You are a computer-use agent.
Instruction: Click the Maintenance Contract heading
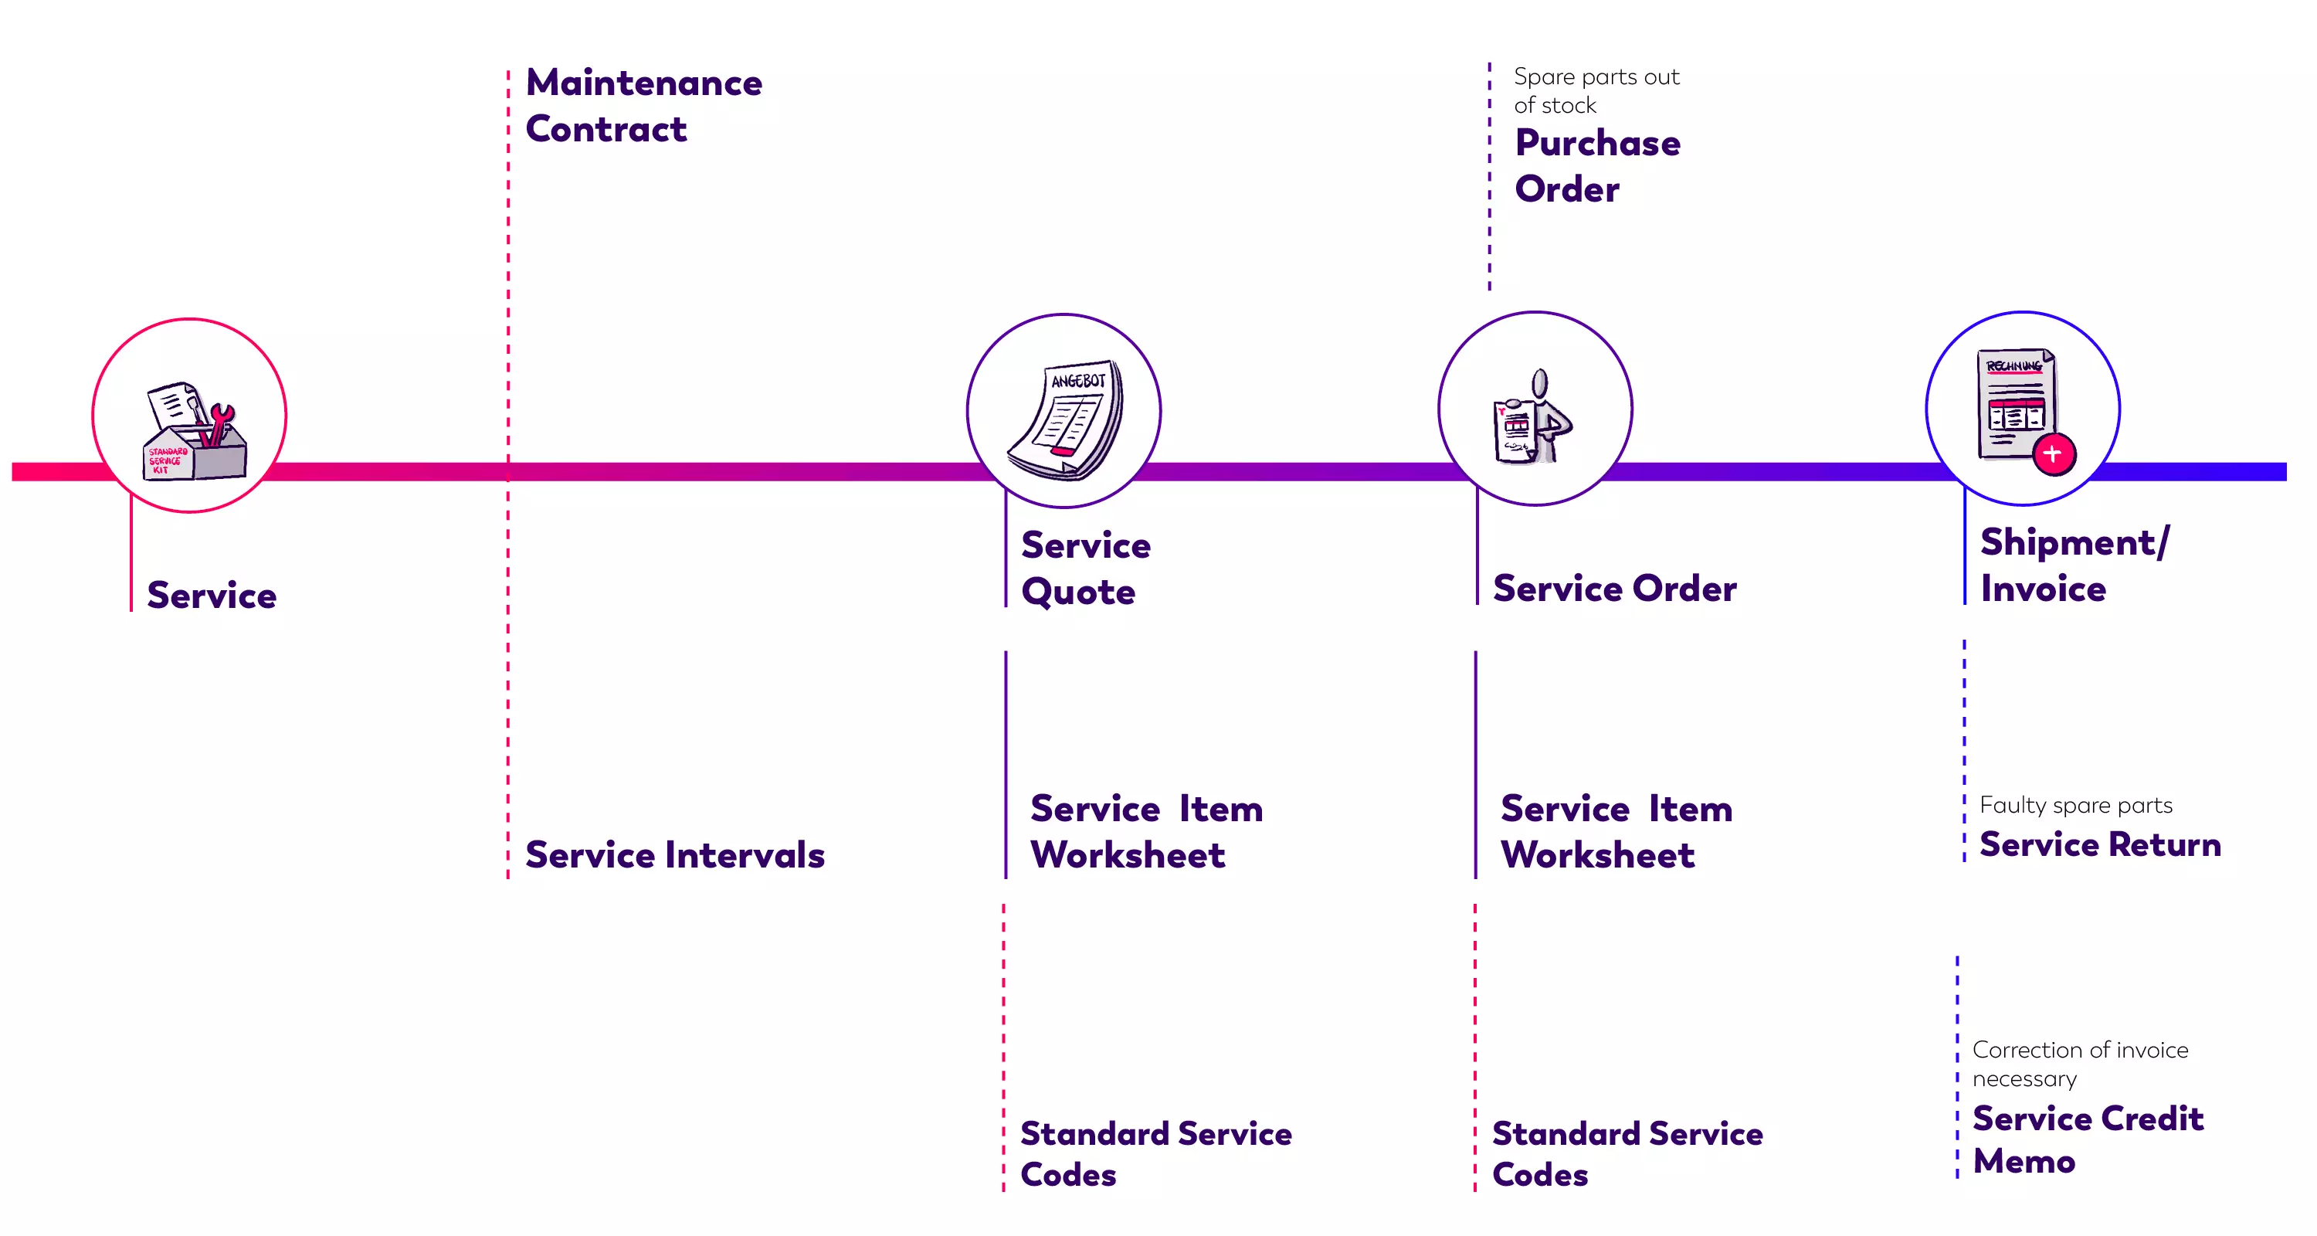643,105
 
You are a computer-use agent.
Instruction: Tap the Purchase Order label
1596,165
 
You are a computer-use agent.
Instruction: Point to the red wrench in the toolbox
217,425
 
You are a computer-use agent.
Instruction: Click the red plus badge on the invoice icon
2054,454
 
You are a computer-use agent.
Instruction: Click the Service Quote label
1085,568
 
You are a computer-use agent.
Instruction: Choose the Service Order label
1613,589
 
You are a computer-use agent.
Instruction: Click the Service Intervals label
674,854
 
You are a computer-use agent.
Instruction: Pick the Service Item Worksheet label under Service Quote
1145,831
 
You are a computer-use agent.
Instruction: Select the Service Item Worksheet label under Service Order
1616,831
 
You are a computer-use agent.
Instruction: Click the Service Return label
2099,844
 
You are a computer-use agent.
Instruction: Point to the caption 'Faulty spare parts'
2075,805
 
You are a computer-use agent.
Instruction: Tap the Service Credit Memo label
2087,1139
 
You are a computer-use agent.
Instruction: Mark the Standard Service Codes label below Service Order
1627,1153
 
